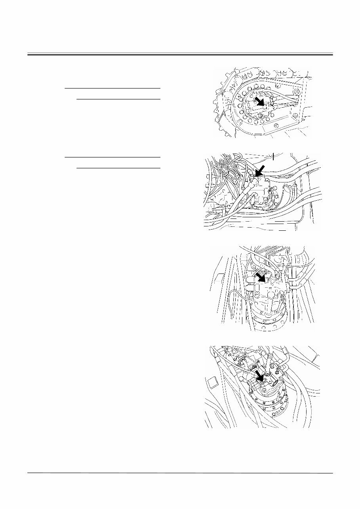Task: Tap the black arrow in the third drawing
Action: pyautogui.click(x=261, y=276)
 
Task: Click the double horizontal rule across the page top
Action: pyautogui.click(x=180, y=53)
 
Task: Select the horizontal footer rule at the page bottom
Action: pyautogui.click(x=180, y=473)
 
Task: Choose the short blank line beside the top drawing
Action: pyautogui.click(x=118, y=99)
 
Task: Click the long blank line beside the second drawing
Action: pyautogui.click(x=112, y=157)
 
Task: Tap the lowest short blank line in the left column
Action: pyautogui.click(x=118, y=168)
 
